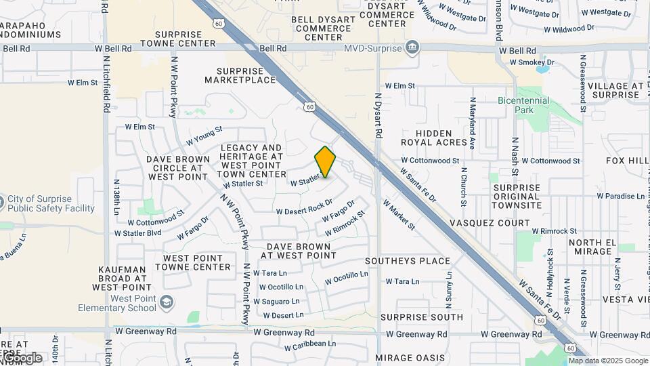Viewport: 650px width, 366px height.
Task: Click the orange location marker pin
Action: coord(325,162)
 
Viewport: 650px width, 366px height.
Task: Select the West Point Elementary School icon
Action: coord(167,302)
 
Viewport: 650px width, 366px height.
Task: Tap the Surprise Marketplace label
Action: coord(246,75)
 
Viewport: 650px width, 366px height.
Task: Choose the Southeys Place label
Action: coord(408,261)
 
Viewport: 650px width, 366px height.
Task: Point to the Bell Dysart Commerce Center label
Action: coord(324,28)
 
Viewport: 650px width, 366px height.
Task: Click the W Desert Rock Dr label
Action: coord(305,207)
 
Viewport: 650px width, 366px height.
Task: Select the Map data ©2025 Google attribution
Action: coord(608,361)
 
